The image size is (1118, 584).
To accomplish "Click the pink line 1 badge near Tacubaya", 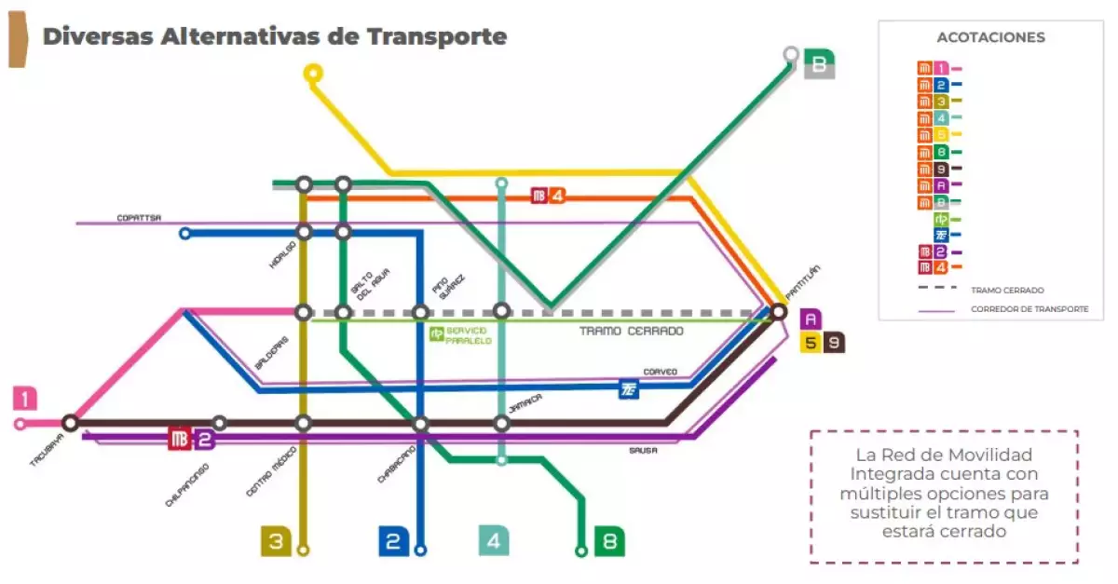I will (25, 399).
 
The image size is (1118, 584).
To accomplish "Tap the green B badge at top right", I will (819, 64).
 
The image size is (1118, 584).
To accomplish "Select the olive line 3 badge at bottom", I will (276, 541).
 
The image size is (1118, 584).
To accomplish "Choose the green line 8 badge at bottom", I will (609, 541).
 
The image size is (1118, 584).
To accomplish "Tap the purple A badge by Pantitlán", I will (810, 319).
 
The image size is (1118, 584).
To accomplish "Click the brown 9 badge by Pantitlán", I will (833, 342).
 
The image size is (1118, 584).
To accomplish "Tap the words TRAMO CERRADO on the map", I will (631, 331).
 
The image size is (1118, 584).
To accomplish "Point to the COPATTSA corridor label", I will (139, 218).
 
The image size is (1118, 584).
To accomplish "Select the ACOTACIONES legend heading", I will (990, 38).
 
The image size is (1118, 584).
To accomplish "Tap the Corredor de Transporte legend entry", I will (1029, 309).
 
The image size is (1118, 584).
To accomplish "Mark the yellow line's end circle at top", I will (314, 72).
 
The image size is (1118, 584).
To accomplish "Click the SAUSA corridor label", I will (642, 450).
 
